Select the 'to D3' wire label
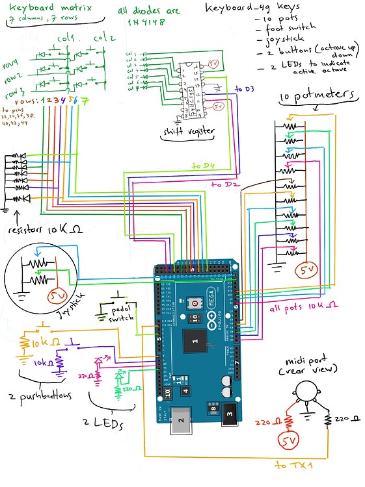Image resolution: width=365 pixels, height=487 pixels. click(245, 88)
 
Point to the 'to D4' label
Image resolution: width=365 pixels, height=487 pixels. click(203, 166)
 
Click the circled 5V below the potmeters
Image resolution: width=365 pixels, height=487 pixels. click(306, 269)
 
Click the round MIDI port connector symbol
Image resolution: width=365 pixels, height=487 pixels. click(306, 392)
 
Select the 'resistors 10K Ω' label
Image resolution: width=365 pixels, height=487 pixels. click(41, 230)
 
